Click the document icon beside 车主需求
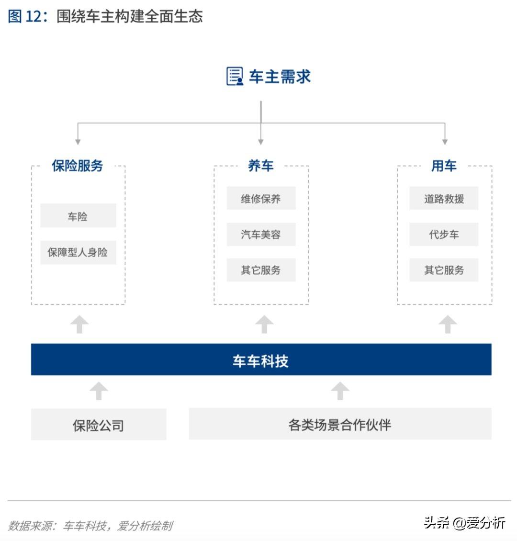[x=235, y=76]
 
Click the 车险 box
[x=78, y=215]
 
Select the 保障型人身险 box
[x=78, y=252]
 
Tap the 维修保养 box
[x=261, y=198]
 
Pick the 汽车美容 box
[x=261, y=234]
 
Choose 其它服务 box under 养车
[x=261, y=270]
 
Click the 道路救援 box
[x=444, y=198]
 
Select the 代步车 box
[x=444, y=234]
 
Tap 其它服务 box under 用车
[x=444, y=270]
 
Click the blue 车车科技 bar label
[x=261, y=361]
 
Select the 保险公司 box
[x=99, y=424]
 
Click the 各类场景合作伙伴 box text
[x=340, y=425]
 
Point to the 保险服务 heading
[x=78, y=166]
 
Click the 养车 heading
[x=261, y=166]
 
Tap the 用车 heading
[x=444, y=166]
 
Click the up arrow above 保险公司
[x=99, y=391]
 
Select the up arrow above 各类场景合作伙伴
[x=340, y=391]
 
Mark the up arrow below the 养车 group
[x=265, y=324]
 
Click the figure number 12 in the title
[x=34, y=17]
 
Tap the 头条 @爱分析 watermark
[x=464, y=523]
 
